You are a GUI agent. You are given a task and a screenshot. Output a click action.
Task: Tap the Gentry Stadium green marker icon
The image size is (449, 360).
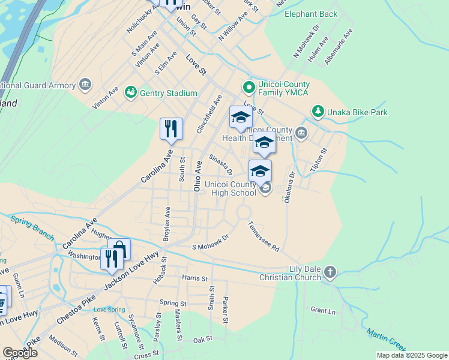click(x=130, y=92)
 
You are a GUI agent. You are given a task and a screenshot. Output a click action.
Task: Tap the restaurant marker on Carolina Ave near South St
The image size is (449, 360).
click(x=171, y=128)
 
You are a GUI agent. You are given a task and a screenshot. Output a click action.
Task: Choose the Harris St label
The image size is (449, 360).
click(x=194, y=278)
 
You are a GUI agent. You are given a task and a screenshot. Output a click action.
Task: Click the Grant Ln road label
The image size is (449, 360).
click(x=323, y=310)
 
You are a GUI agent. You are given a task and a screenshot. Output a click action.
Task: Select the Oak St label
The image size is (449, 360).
click(x=203, y=339)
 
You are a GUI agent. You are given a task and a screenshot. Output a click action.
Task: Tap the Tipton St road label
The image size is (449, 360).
click(x=318, y=159)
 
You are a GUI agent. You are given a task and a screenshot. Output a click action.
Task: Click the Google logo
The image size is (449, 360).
click(x=20, y=353)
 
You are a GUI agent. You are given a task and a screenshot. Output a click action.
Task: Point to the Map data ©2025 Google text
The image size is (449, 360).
click(x=411, y=355)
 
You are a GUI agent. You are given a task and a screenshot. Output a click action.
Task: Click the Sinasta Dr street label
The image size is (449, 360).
click(x=220, y=164)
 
